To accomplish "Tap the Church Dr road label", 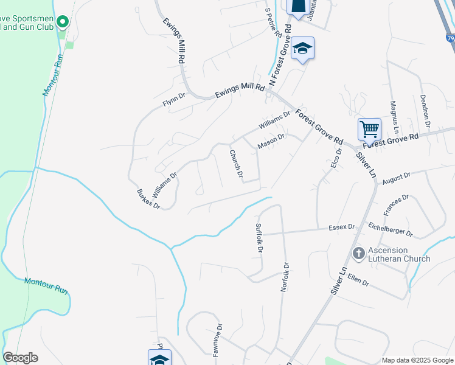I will tap(236, 164).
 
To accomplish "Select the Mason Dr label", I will tap(271, 141).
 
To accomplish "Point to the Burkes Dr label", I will tap(148, 199).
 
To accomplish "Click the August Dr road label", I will tap(396, 178).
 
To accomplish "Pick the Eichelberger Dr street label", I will tap(391, 229).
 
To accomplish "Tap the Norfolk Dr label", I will tap(284, 277).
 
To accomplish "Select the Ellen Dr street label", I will tap(358, 281).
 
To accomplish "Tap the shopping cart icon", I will tap(369, 129).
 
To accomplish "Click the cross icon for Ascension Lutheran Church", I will tap(358, 252).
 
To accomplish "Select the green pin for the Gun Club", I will tap(62, 23).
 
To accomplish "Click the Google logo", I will tap(20, 358).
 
